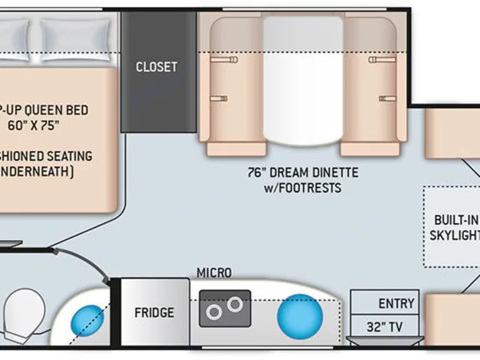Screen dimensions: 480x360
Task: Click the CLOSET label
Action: [x=156, y=67]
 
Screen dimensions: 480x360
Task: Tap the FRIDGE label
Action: [x=154, y=312]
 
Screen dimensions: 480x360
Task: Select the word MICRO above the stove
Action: [x=214, y=273]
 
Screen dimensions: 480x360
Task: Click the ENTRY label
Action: [x=396, y=304]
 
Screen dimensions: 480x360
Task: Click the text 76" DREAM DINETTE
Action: [x=302, y=172]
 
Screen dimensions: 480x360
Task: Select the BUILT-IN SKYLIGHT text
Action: [x=456, y=227]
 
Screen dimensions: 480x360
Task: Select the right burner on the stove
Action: [x=235, y=304]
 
